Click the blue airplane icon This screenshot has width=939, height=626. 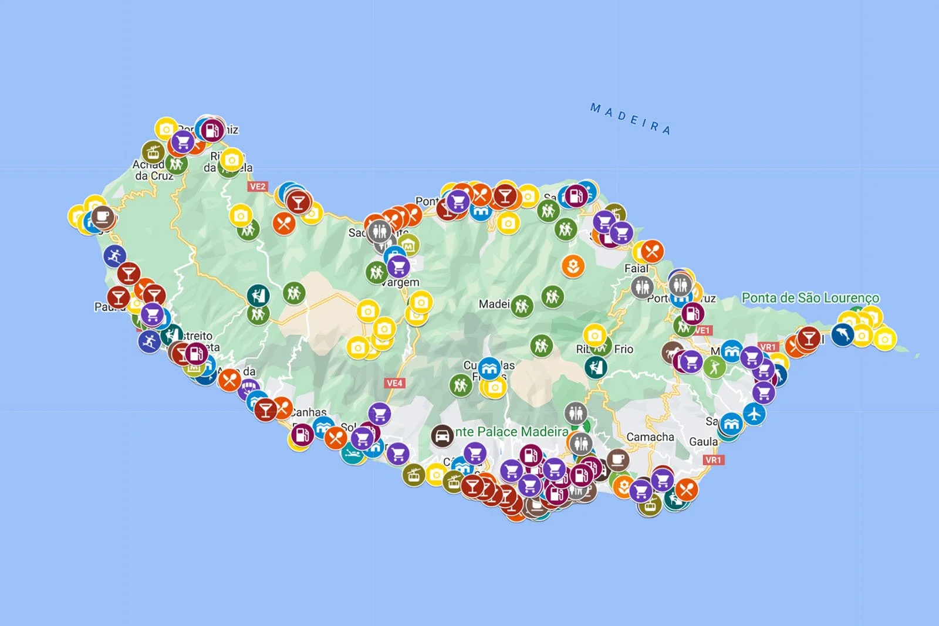(x=754, y=414)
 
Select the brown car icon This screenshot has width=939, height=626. (x=442, y=436)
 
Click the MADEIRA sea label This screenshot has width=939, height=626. (x=630, y=119)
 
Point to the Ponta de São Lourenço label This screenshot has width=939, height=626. (x=810, y=298)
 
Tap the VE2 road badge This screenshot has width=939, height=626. (x=258, y=187)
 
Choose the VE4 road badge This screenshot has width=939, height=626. (x=394, y=383)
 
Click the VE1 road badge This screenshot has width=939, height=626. (x=702, y=330)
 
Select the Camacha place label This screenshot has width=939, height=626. (x=650, y=437)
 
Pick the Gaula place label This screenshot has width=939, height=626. (x=703, y=442)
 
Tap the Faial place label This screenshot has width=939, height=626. (x=636, y=269)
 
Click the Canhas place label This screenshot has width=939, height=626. (x=309, y=412)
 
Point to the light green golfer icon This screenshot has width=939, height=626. (x=714, y=367)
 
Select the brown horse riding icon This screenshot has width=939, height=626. (x=671, y=352)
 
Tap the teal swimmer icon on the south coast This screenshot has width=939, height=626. (x=353, y=454)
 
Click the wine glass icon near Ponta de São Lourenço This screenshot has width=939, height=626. (x=809, y=338)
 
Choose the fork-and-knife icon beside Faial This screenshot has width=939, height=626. (x=652, y=252)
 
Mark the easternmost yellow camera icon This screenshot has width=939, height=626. (x=884, y=339)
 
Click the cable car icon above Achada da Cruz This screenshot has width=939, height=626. (x=153, y=152)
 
